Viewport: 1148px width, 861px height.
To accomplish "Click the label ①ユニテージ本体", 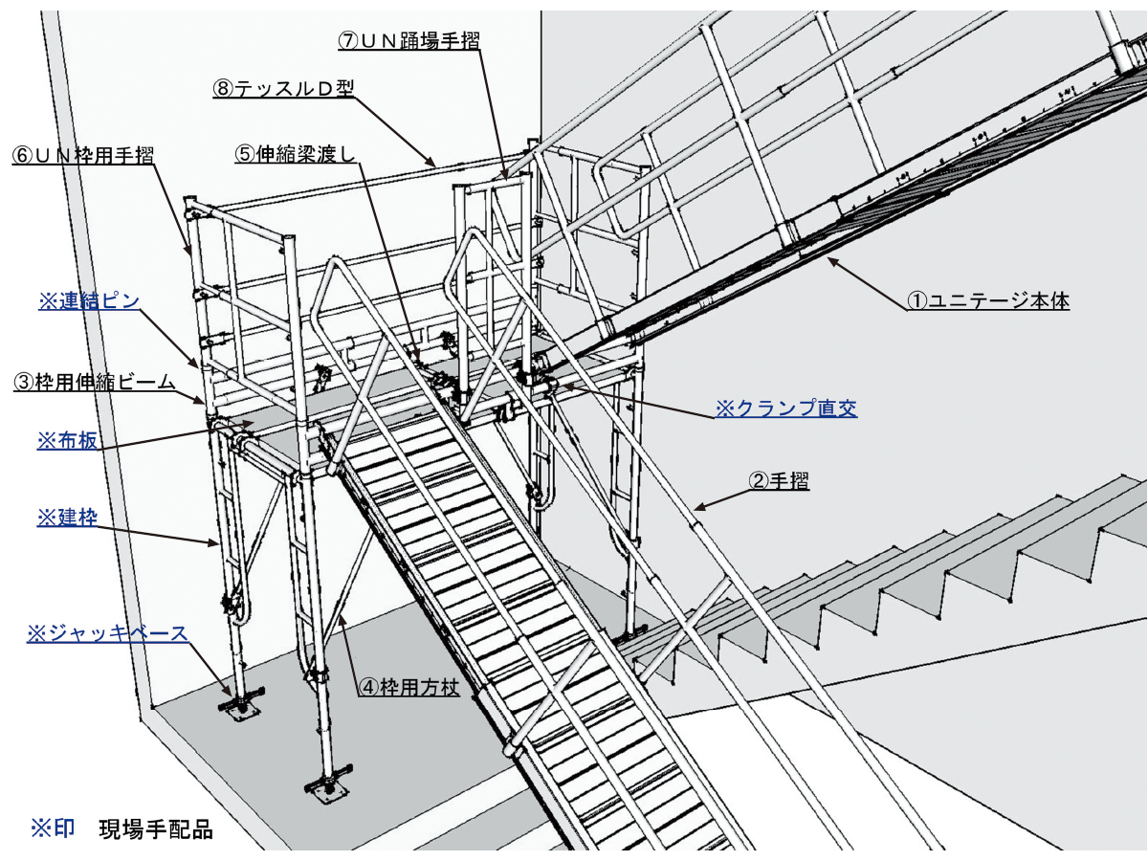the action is (988, 300).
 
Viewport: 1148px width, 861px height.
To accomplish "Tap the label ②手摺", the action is (780, 480).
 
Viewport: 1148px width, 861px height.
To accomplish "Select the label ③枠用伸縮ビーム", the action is (94, 382).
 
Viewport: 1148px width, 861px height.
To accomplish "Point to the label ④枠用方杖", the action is (409, 686).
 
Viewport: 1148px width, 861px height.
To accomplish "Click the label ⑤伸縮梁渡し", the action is (296, 154).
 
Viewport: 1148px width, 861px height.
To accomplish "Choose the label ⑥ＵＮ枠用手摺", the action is (83, 155).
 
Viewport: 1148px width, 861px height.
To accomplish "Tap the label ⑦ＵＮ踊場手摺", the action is (409, 41).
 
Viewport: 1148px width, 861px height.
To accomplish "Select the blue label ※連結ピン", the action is (89, 300).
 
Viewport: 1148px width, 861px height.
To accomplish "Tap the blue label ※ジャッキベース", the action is (107, 633).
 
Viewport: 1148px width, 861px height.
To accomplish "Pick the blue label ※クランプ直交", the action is (786, 408).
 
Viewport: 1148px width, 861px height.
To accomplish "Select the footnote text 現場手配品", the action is (156, 829).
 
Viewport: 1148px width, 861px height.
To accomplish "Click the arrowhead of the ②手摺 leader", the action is (696, 507).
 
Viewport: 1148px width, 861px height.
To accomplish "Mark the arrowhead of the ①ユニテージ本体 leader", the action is (830, 260).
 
